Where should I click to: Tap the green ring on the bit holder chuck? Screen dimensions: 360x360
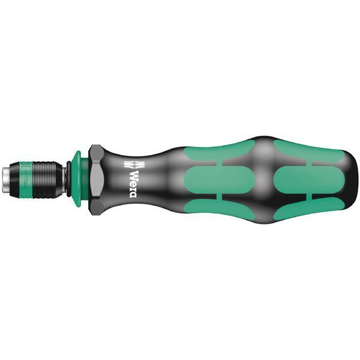pos(27,179)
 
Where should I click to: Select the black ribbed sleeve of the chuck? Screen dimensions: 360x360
pos(46,179)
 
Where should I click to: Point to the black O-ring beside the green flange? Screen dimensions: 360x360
pos(67,179)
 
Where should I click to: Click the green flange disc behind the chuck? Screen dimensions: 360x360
pos(77,179)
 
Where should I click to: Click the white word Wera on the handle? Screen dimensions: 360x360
pos(136,179)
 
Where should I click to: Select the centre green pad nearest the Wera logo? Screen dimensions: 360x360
pos(219,179)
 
